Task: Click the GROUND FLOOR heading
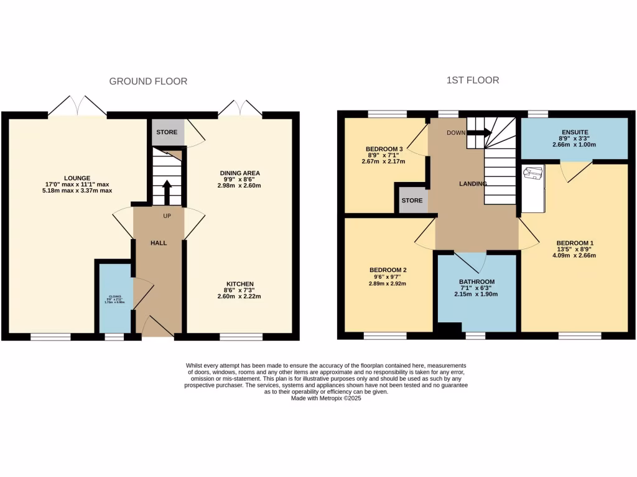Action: coord(148,81)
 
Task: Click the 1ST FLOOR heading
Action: coord(472,80)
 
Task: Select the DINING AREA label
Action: coord(239,173)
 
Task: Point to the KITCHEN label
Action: coord(239,284)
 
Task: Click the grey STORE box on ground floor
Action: coord(167,132)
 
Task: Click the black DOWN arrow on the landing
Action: coord(479,132)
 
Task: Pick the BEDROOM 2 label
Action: coord(388,270)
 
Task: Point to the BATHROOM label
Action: coord(477,281)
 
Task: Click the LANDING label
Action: coord(473,183)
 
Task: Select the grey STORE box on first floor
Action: coord(412,201)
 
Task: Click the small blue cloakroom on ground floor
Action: coord(114,299)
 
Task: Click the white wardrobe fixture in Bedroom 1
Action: coord(532,186)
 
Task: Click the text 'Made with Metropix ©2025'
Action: coord(325,399)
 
